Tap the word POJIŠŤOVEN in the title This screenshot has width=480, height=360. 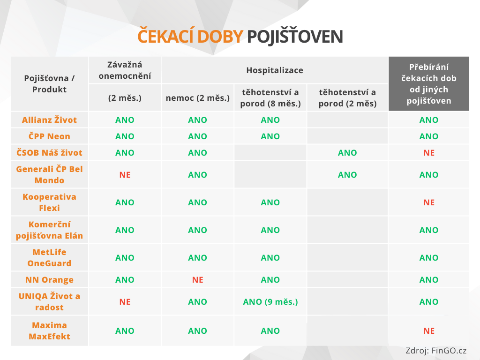coord(294,37)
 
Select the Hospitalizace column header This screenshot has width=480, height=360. coord(275,70)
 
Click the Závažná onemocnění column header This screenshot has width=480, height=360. coord(125,70)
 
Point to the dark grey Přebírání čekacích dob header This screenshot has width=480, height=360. coord(429,83)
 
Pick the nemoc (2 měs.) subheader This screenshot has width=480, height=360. coord(197,98)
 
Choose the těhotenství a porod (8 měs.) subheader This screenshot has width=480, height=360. coord(270,98)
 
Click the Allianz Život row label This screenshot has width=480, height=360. coord(49,120)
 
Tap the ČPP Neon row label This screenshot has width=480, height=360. coord(49,136)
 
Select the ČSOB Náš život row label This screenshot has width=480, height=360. coord(49,153)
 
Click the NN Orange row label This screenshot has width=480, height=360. coord(49,280)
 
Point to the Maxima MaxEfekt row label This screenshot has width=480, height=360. coord(49,330)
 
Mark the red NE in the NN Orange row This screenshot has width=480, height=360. coord(197,280)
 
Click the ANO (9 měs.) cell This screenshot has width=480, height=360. coord(270,302)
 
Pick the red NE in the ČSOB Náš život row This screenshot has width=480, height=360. coord(429,153)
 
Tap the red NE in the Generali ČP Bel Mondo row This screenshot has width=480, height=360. coord(125,175)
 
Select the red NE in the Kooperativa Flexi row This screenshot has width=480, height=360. coord(429,202)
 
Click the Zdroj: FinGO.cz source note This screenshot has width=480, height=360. coord(436,351)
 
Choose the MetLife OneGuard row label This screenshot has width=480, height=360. coord(49,258)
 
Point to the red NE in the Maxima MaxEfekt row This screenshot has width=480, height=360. coord(429,331)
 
